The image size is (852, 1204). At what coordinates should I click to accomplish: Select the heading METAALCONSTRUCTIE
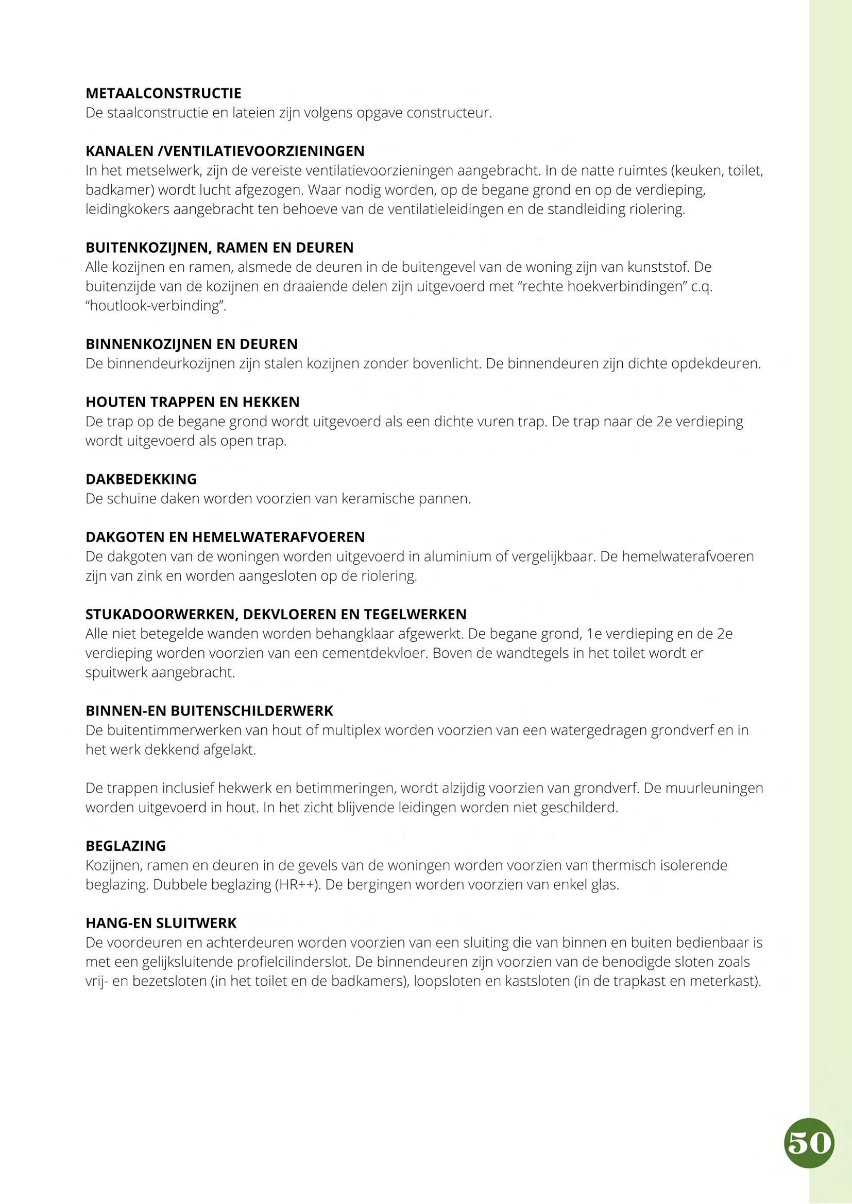(164, 94)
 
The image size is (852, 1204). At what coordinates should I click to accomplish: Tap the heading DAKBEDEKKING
(141, 479)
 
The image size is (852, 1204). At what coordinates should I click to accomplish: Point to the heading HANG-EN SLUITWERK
(161, 923)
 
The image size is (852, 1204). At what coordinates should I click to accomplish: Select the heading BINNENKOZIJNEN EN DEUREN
(192, 344)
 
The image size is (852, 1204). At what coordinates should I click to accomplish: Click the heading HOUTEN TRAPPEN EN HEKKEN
(193, 402)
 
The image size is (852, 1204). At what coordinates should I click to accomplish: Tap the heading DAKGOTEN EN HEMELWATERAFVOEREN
(225, 537)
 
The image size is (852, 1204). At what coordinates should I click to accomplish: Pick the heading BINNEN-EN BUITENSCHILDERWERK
(209, 711)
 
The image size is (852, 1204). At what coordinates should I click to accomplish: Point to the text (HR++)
(297, 885)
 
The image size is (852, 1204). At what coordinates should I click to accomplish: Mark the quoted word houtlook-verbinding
(155, 306)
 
